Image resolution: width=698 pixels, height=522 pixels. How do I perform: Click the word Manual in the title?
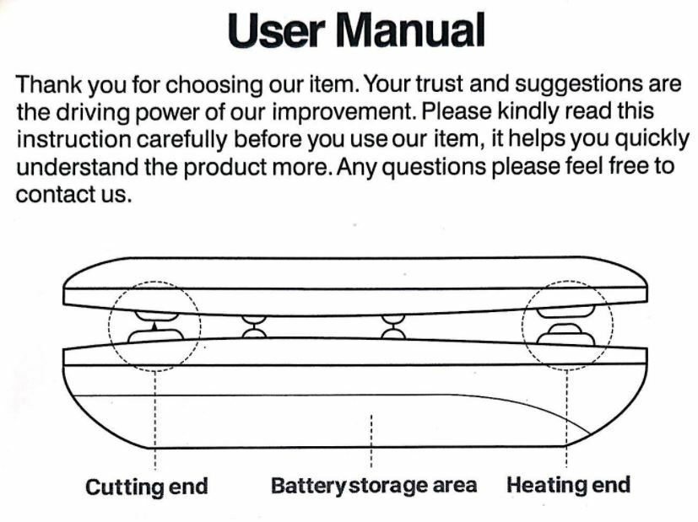411,32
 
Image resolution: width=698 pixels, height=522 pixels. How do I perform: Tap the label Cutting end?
147,487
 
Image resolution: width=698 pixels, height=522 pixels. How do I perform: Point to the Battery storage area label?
373,487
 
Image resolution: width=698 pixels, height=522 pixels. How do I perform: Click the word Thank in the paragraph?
45,86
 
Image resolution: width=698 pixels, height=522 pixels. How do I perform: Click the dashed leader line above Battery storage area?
372,443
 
